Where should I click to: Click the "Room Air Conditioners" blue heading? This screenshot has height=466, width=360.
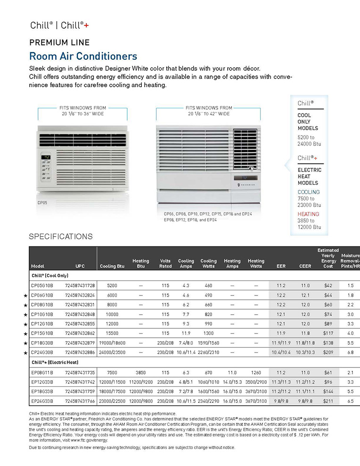tap(83, 57)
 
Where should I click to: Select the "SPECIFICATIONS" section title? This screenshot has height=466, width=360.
tap(61, 237)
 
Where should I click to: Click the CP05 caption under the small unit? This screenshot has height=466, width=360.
tap(42, 203)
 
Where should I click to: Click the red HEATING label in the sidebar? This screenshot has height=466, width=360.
tap(308, 214)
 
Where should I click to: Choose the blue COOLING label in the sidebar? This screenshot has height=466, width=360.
tap(308, 192)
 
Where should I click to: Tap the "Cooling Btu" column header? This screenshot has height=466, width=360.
tap(112, 266)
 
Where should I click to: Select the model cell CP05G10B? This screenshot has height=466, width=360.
tap(42, 286)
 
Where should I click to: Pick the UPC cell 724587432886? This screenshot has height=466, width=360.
tap(80, 352)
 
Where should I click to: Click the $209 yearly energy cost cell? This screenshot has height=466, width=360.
tap(329, 352)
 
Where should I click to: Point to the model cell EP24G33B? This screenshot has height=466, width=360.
tap(42, 401)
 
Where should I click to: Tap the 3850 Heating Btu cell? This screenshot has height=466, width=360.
tap(140, 372)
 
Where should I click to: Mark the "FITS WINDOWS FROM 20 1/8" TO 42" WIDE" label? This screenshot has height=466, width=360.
tap(209, 111)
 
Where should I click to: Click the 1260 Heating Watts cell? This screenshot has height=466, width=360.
tap(256, 372)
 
